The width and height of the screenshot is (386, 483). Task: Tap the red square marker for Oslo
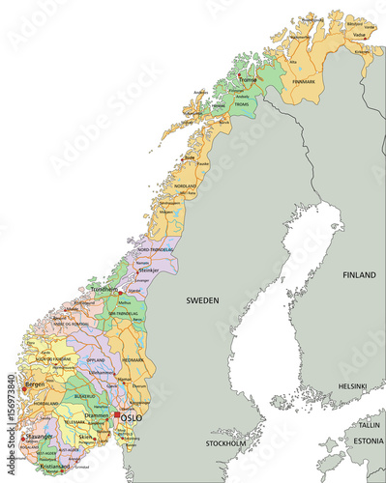tap(117, 416)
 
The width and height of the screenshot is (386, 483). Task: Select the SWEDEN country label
tap(203, 300)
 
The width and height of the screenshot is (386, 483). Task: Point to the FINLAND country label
tap(359, 275)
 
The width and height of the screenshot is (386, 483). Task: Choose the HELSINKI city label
tap(352, 386)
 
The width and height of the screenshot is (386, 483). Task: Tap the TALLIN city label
tap(369, 424)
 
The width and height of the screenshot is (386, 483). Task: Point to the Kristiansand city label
tap(53, 466)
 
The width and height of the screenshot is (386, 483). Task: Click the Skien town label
tap(86, 437)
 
